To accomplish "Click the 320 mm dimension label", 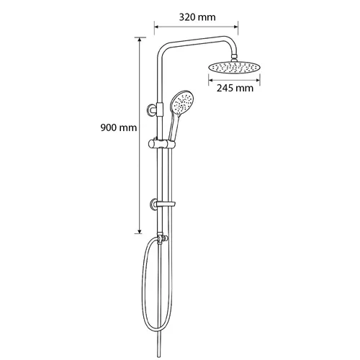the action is click(x=197, y=17).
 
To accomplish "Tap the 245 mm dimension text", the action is click(x=235, y=88).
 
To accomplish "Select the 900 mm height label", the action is click(x=119, y=127).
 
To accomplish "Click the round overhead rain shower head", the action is click(x=234, y=68).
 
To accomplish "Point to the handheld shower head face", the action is click(x=182, y=103).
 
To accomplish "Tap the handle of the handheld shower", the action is click(x=173, y=127).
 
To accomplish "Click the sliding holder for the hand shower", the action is click(x=162, y=144).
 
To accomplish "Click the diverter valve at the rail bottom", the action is click(x=161, y=238).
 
